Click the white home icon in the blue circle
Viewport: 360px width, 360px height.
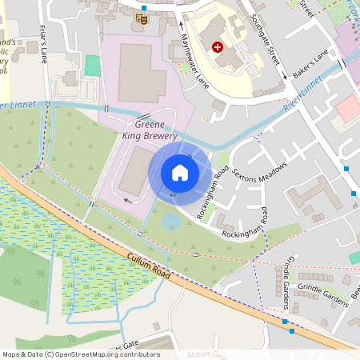click(x=180, y=172)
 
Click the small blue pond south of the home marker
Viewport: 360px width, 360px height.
click(x=171, y=220)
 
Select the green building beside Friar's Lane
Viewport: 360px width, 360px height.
click(x=93, y=66)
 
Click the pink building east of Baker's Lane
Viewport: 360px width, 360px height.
click(x=349, y=108)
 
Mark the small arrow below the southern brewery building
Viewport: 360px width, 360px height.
click(x=128, y=201)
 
